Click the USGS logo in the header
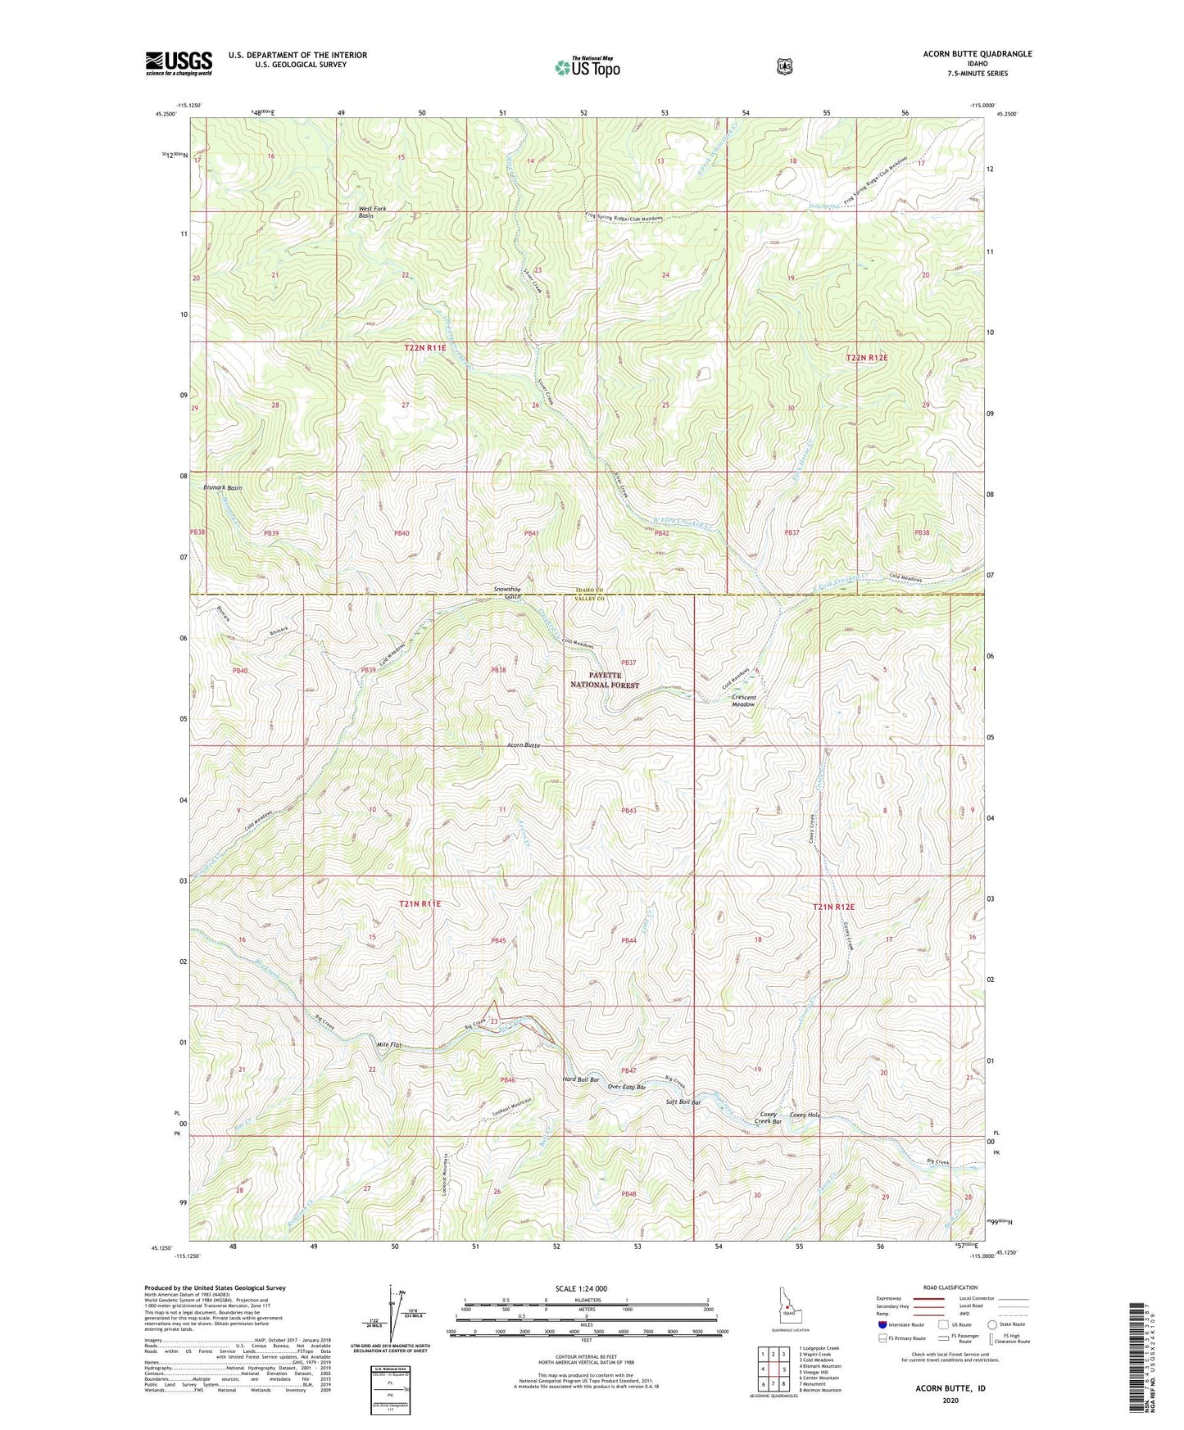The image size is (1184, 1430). click(x=179, y=62)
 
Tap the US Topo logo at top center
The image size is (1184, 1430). click(x=586, y=67)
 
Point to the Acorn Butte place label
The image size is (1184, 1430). click(x=523, y=745)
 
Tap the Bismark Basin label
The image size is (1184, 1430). click(x=222, y=487)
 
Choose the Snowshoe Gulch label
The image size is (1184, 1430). click(x=507, y=592)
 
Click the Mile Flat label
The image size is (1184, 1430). click(x=388, y=1045)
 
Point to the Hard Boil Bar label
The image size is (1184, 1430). click(x=581, y=1079)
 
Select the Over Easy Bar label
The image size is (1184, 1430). click(x=627, y=1087)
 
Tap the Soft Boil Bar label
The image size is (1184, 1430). click(x=683, y=1102)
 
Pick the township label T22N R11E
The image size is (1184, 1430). click(x=424, y=348)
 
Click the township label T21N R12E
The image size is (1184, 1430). click(x=833, y=907)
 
